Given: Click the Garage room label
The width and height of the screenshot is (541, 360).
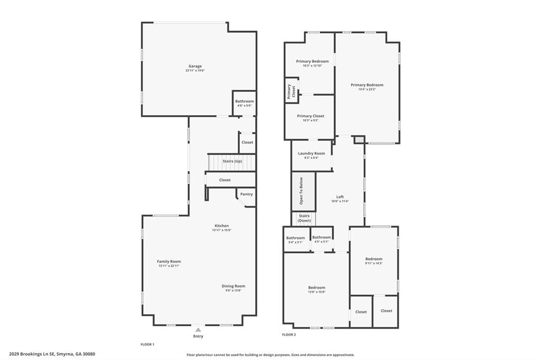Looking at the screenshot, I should pos(195,66).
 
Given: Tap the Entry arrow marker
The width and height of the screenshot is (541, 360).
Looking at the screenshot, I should pos(198,329).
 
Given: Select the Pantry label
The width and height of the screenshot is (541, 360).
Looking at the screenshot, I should pos(246,194).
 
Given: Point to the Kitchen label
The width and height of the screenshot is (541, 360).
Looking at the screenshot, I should pos(221,226).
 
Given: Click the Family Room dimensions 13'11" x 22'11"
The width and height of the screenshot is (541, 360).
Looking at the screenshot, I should pos(169,266).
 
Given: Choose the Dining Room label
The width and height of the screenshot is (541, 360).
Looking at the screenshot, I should pos(233,286).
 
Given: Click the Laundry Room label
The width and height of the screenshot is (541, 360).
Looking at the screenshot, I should pos(311,153).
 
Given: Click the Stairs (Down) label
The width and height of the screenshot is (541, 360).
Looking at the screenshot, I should pos(304,218).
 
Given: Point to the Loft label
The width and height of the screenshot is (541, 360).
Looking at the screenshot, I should pos(340,197).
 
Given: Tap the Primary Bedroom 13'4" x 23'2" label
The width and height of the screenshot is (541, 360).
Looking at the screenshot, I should pos(367,85).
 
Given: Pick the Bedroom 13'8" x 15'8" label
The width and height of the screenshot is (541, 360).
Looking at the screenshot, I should pos(316,288).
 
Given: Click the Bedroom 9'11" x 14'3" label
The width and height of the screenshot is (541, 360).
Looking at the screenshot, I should pos(374,259).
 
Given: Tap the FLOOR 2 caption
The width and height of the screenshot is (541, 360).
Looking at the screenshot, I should pos(289,335).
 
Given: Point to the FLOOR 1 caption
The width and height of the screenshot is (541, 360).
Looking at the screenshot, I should pos(147,344).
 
